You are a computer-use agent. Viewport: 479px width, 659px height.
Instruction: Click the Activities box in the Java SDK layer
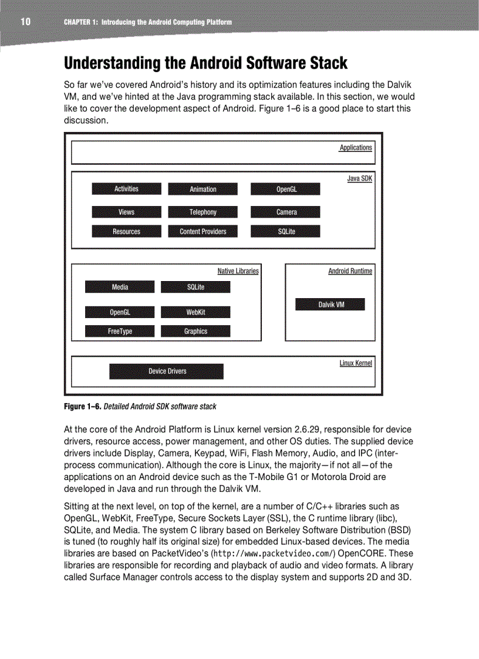tap(126, 189)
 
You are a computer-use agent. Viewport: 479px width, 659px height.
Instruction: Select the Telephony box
tap(203, 212)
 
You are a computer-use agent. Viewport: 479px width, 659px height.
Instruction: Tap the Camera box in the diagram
tap(286, 212)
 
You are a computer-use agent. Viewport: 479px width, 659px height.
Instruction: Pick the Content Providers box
tap(203, 231)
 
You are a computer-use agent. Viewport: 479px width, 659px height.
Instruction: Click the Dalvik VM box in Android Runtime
tap(330, 305)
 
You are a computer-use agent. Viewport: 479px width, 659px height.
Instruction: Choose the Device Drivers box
tap(167, 371)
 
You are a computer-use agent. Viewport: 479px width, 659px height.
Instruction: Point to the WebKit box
tap(195, 312)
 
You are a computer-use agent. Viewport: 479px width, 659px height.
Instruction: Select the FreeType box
tap(120, 332)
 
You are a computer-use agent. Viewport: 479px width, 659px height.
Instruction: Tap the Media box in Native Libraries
tap(120, 287)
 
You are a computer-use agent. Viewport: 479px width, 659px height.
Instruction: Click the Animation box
tap(203, 189)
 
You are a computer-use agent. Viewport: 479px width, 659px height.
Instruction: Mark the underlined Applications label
tap(356, 147)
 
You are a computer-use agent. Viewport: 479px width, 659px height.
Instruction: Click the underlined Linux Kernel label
tap(356, 363)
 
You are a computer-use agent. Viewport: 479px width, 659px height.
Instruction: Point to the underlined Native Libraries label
tap(238, 271)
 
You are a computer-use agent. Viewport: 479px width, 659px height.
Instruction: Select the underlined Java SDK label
tap(360, 178)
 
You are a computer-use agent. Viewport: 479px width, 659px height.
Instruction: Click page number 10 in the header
tap(25, 22)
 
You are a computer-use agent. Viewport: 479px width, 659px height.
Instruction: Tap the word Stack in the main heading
tap(323, 63)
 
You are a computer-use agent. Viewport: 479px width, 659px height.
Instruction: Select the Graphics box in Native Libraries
tap(195, 332)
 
